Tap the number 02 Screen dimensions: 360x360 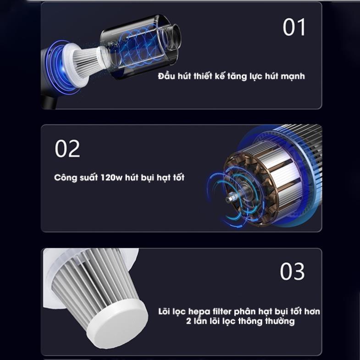[67, 149]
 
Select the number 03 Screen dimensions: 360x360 [292, 271]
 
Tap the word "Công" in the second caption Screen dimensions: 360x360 [65, 177]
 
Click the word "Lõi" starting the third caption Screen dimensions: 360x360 [164, 311]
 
